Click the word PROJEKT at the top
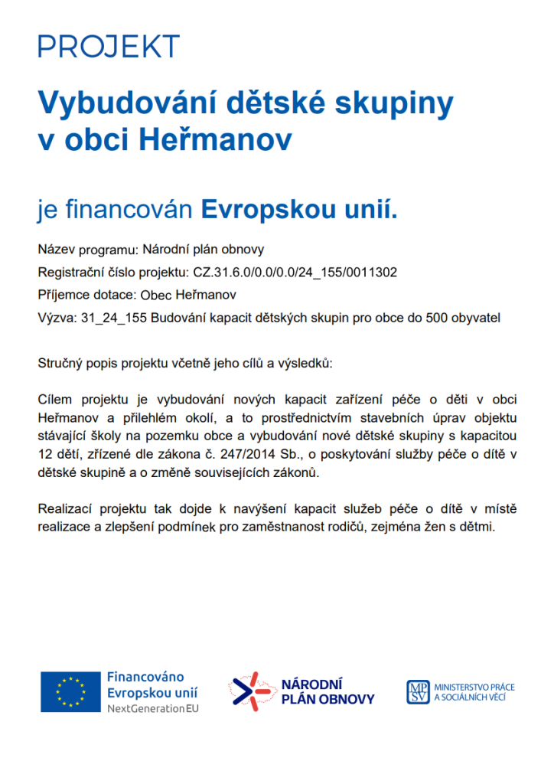[x=108, y=47]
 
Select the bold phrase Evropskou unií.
[x=299, y=208]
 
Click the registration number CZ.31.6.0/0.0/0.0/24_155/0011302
[x=294, y=272]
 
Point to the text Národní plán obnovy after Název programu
[x=203, y=250]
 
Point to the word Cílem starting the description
[x=57, y=400]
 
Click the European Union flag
[x=70, y=691]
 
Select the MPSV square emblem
[x=417, y=691]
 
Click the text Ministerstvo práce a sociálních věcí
[x=474, y=692]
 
